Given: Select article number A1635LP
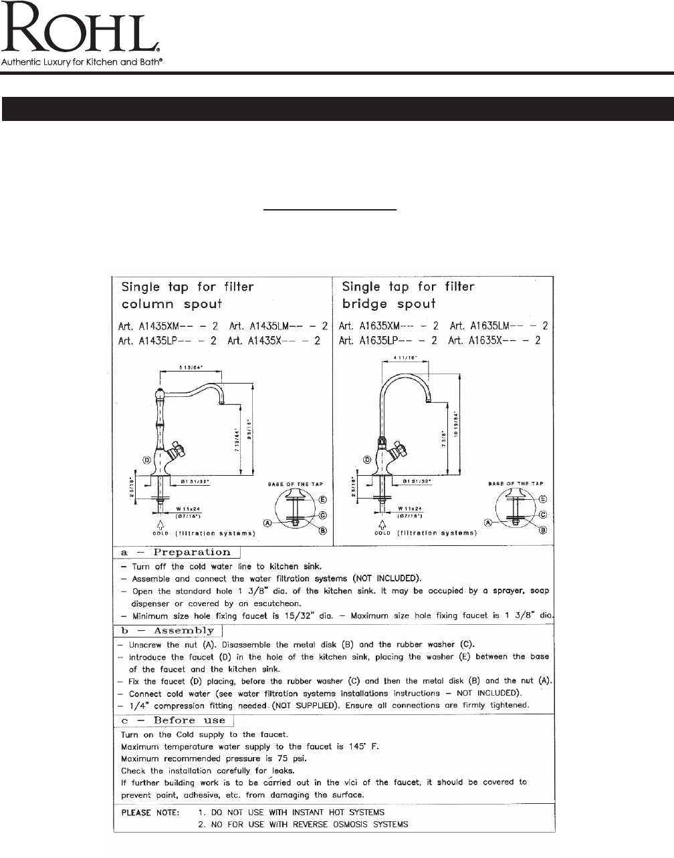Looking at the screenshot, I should point(388,340).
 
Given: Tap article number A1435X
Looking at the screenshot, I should point(273,340).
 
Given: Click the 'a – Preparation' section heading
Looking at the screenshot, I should point(176,553).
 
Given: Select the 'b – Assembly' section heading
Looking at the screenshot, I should point(167,631).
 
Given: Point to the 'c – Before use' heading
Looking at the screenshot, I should point(177,720).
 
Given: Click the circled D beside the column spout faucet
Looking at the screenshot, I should point(145,460).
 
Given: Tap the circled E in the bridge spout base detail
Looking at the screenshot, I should point(542,499).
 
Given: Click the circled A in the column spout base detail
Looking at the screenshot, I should point(268,523).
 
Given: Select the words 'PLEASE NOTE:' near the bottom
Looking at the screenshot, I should point(150,813).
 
